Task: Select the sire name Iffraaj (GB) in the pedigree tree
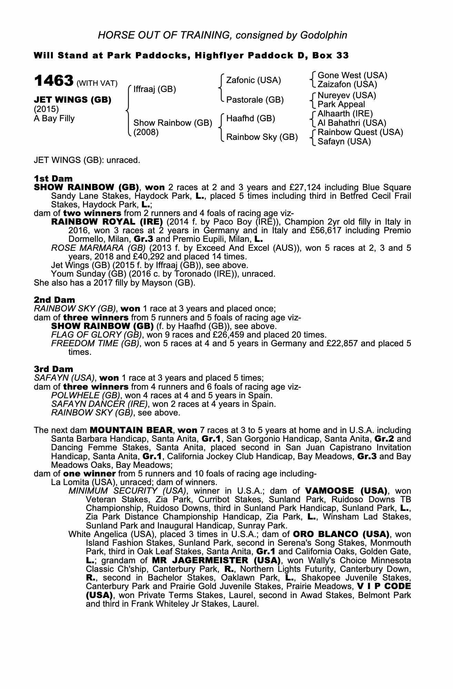click(154, 90)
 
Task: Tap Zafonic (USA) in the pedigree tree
click(253, 80)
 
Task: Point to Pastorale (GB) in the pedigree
click(255, 100)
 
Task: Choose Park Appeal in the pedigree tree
click(341, 104)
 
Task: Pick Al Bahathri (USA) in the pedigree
click(352, 123)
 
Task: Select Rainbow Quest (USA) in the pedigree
click(360, 132)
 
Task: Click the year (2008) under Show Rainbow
click(146, 132)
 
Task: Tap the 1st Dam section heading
click(53, 178)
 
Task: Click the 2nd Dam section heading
click(54, 300)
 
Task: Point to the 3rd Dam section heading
click(54, 369)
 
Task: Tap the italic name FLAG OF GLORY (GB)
click(97, 335)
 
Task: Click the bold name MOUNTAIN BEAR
click(131, 430)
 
